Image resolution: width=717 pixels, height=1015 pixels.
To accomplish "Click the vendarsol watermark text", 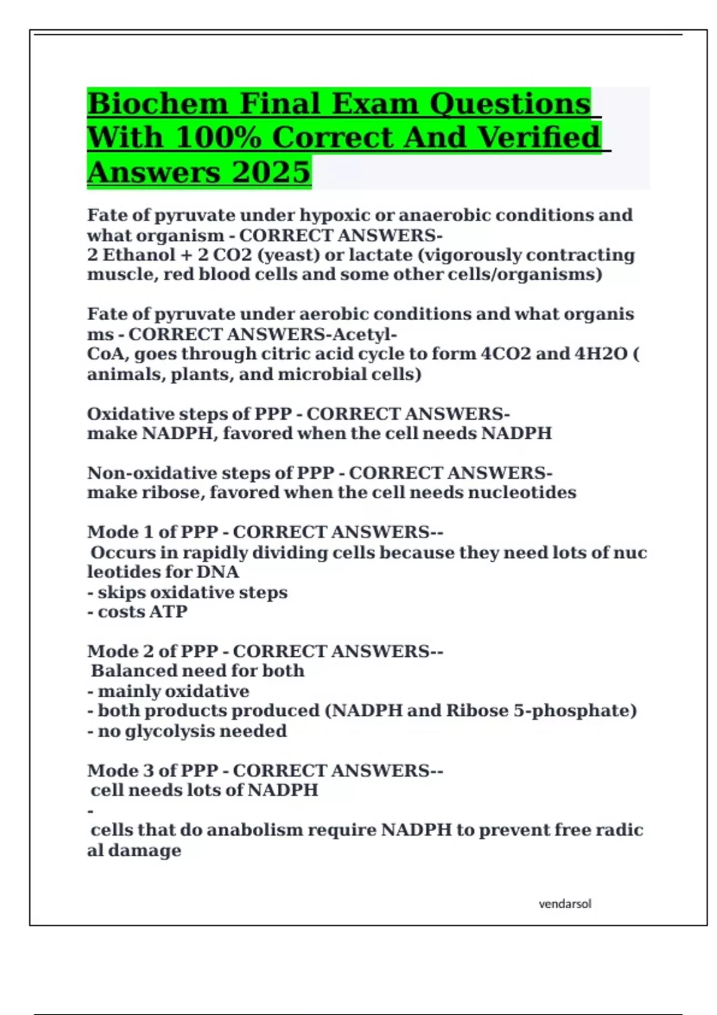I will [565, 904].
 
